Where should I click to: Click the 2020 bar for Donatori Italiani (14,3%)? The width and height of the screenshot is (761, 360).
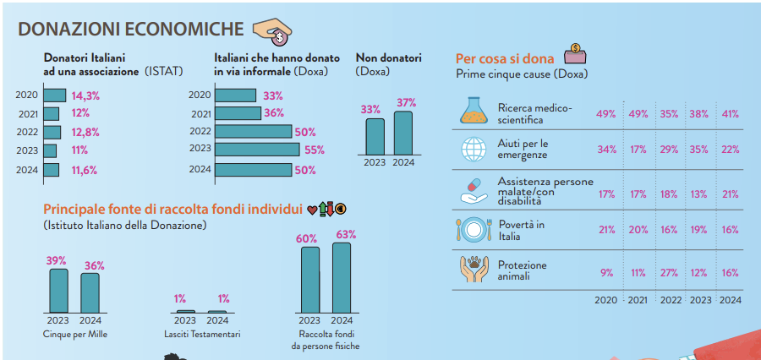pos(54,95)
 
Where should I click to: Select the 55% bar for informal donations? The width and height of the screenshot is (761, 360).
pos(256,150)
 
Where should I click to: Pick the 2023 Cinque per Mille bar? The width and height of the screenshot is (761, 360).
pos(58,290)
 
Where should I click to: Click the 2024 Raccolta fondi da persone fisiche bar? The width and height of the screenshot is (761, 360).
pos(341,277)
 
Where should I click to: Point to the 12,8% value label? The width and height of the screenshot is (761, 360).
pos(86,132)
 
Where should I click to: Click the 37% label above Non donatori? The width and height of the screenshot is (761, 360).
pos(406,102)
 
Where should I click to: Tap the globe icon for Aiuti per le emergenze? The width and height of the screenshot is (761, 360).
pos(474,150)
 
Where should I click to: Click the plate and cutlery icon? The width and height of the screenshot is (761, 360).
pos(474,230)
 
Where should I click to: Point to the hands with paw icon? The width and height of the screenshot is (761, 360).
pos(474,270)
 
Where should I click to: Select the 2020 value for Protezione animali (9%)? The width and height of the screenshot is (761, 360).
pos(607,273)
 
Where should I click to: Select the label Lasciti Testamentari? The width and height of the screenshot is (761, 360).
pos(202,335)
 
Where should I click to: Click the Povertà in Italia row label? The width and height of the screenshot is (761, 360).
pos(521,230)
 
